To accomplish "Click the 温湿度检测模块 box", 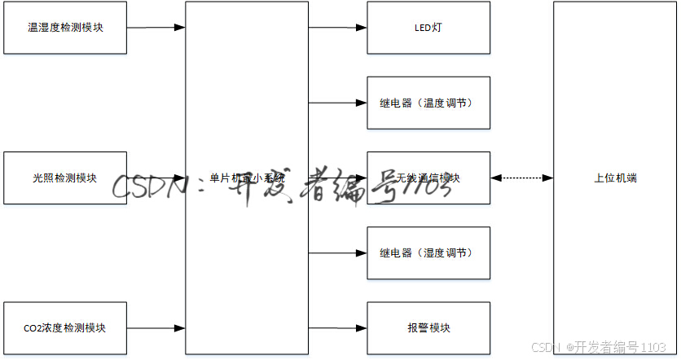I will click(x=65, y=28).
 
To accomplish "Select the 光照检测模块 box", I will click(x=65, y=178).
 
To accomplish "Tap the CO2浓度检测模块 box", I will click(x=65, y=328).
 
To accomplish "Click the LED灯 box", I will click(x=428, y=28).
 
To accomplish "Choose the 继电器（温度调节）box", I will click(x=428, y=103).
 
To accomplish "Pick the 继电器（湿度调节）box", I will click(x=428, y=253).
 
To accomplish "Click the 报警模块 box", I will click(x=428, y=328).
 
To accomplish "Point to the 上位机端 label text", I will click(x=615, y=178).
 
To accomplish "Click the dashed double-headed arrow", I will click(x=522, y=178).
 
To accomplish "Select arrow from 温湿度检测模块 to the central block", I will click(x=156, y=28).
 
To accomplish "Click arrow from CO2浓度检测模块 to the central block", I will click(x=156, y=328).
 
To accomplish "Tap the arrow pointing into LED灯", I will click(x=337, y=28).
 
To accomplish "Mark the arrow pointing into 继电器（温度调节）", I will click(x=337, y=103).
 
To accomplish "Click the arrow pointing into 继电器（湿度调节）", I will click(x=337, y=253).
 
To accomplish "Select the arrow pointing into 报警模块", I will click(x=337, y=328).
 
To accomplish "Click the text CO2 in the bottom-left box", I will click(x=33, y=328).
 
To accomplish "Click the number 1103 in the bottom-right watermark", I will click(x=654, y=348).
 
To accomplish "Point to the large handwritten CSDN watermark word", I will click(x=147, y=187).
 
